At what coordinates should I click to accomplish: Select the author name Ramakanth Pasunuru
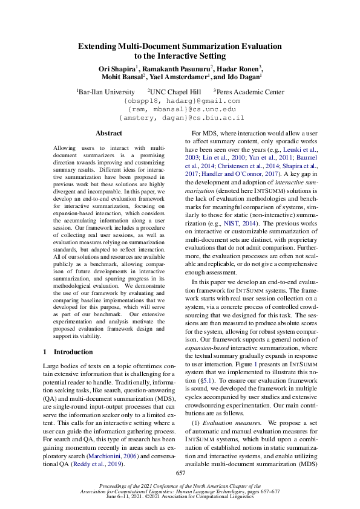(x=176, y=68)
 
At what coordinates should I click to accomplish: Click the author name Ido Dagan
(x=244, y=77)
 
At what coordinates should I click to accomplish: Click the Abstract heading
(x=109, y=133)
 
